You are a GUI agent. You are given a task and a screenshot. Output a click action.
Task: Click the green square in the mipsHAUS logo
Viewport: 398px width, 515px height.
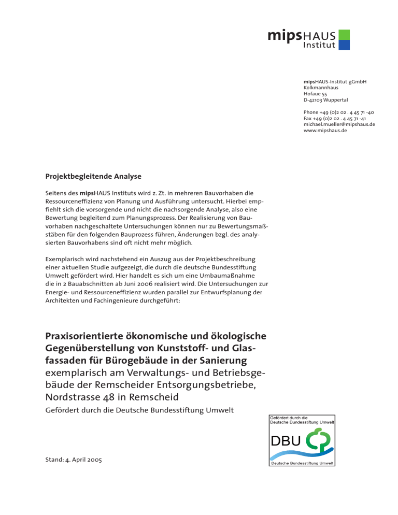(344, 35)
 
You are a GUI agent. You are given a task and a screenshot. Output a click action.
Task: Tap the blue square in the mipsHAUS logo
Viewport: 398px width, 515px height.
(344, 45)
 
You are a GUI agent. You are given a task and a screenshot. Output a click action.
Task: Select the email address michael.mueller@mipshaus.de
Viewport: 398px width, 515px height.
(339, 124)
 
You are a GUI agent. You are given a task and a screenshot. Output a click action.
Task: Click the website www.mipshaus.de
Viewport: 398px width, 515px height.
(325, 131)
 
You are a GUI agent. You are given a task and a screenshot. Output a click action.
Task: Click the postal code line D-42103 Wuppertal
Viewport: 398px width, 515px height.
(325, 100)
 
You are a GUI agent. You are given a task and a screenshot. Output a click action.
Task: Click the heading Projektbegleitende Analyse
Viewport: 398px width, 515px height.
(94, 176)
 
